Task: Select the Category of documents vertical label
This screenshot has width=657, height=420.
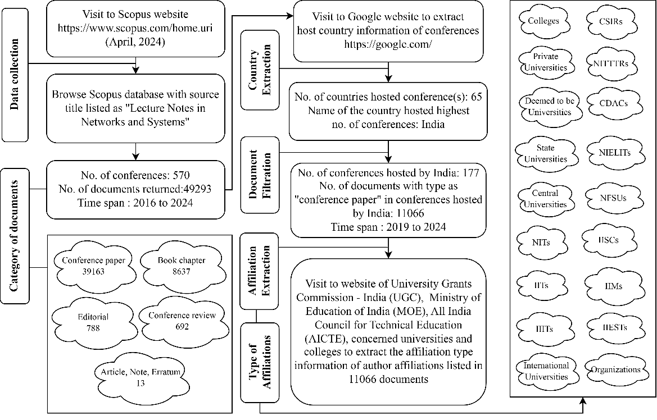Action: coord(15,235)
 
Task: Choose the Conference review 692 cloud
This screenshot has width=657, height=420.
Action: coord(182,321)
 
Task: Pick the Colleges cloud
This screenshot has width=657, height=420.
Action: coord(543,21)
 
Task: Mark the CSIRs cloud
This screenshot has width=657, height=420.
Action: coord(611,21)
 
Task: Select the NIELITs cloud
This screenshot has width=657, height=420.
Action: coord(611,152)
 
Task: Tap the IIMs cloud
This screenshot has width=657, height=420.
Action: coord(611,286)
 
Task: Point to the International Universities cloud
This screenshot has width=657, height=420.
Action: coord(546,371)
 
